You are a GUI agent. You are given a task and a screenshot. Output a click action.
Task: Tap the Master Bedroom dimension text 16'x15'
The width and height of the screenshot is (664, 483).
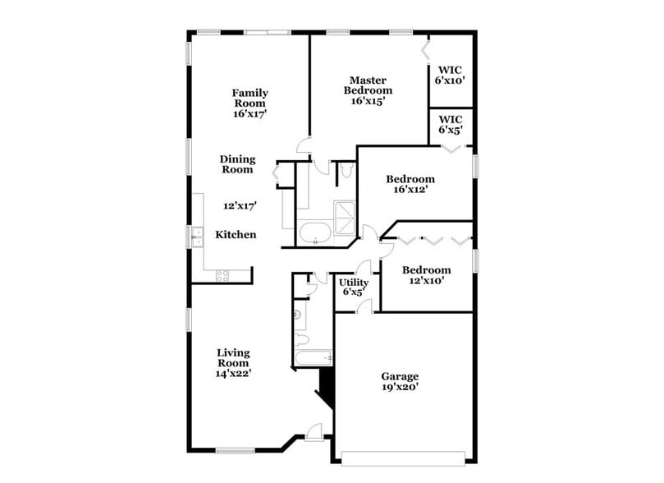(368, 101)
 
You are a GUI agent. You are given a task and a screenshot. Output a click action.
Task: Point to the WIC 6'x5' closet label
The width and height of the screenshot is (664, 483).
(451, 124)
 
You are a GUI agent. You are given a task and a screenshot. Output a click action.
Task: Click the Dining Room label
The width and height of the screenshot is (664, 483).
(236, 164)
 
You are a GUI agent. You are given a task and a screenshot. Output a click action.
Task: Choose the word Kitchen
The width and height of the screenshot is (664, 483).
(236, 235)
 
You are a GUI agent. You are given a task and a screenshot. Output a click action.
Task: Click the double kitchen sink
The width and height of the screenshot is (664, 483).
(197, 237)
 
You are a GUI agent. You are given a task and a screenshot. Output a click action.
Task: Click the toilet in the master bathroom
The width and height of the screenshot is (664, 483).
(346, 171)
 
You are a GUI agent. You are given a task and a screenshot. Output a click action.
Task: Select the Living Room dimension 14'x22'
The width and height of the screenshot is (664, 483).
(233, 373)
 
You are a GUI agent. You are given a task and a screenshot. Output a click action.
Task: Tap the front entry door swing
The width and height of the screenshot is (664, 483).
(313, 429)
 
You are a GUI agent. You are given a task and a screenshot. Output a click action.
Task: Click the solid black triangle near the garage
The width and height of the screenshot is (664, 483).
(326, 384)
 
